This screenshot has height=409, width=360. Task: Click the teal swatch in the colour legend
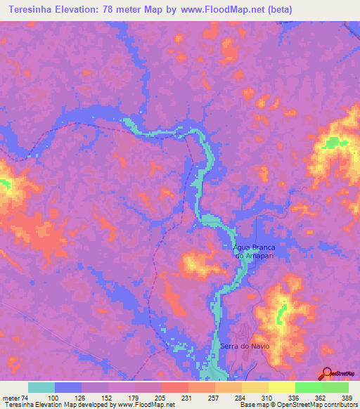(x=41, y=387)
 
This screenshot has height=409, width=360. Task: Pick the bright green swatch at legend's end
(x=335, y=387)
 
